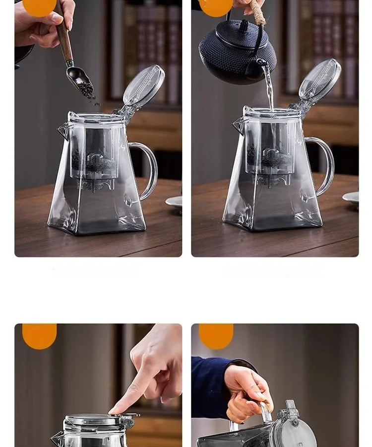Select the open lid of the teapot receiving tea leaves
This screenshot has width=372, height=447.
click(144, 85)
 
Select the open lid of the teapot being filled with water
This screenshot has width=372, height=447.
click(320, 80)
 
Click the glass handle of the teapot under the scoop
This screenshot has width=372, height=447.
click(147, 169)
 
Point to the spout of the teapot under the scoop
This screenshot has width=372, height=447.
click(63, 130)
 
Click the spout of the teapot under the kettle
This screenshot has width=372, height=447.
click(239, 126)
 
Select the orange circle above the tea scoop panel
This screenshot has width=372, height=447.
click(39, 7)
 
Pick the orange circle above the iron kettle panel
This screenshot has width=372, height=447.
click(216, 7)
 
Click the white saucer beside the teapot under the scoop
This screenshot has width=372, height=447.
click(174, 201)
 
